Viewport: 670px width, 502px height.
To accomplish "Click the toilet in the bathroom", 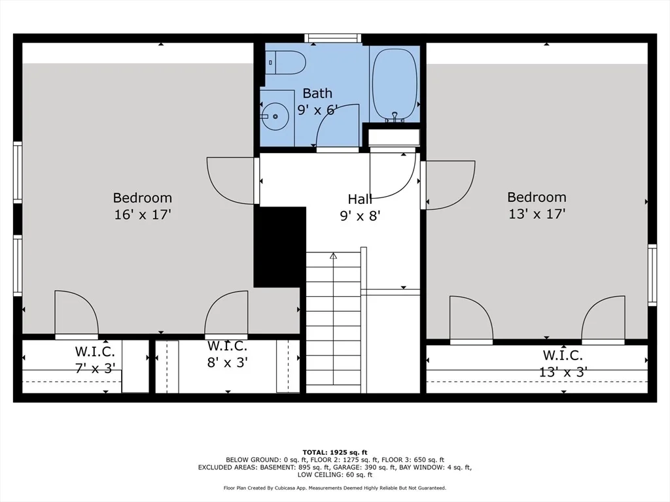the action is tap(285, 63).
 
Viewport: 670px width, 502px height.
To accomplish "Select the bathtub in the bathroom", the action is tap(395, 85).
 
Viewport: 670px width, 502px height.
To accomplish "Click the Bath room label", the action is tap(317, 93).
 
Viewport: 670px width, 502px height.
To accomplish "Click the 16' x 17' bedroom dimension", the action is tap(142, 214).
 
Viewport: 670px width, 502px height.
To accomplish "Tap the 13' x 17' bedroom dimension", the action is tap(537, 214).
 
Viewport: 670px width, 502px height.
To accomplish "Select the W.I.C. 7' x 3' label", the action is tap(95, 360).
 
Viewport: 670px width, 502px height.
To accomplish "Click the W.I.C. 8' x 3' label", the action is tap(227, 354).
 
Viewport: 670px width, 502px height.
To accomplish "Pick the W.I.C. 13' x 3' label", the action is tap(563, 363).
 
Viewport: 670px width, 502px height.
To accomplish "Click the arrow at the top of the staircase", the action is tap(333, 256).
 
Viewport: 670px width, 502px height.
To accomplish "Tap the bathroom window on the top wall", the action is tap(333, 38).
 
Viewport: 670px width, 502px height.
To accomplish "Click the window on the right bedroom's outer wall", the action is tap(652, 275).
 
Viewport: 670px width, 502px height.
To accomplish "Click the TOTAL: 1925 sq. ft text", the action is tap(334, 452).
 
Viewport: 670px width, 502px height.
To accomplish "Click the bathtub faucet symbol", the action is tap(395, 116).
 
